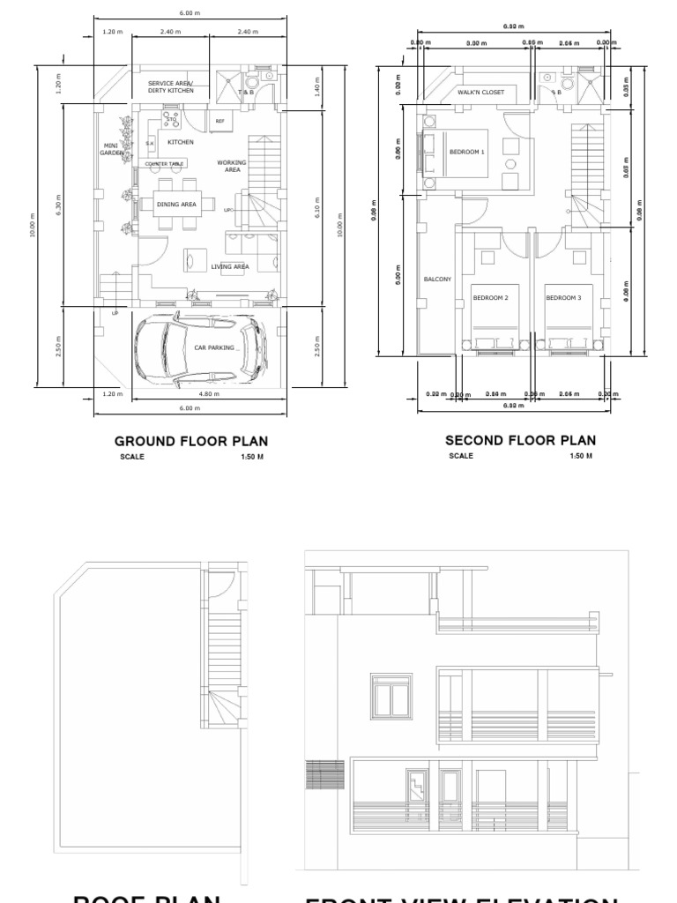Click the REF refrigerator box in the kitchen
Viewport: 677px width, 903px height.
220,121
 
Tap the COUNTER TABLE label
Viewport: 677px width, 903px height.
165,164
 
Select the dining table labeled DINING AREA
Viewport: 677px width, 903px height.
176,205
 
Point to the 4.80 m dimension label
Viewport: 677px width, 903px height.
208,394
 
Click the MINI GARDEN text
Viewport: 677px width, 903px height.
111,149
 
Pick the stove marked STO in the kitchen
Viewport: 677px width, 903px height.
171,117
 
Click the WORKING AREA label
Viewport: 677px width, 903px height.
233,166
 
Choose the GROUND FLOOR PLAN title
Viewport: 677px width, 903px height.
191,440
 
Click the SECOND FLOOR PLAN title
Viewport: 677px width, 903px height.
520,440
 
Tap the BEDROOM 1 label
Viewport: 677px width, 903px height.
467,152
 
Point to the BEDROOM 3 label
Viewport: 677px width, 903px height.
562,298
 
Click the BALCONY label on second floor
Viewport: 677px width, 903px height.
437,280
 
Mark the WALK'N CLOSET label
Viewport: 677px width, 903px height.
480,92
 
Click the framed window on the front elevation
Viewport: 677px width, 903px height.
391,697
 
